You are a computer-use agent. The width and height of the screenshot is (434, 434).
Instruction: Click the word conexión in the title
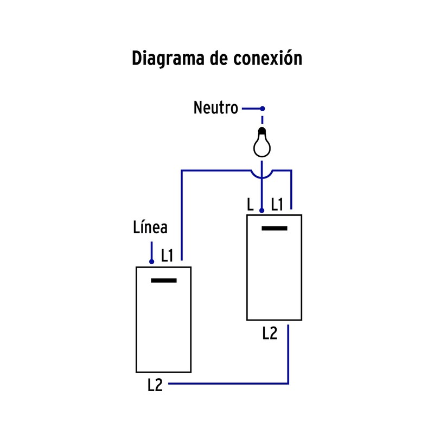coord(267,58)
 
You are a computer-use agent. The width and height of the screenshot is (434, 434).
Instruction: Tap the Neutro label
coord(215,108)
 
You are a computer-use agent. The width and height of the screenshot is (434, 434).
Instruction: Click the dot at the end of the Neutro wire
coord(263,108)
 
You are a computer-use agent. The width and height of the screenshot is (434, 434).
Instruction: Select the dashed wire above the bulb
coord(263,119)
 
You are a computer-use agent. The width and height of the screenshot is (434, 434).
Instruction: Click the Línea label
coord(150,228)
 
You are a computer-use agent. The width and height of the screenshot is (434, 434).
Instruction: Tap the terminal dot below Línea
coord(152,261)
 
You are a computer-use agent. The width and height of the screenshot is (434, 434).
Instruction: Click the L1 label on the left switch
coord(167,256)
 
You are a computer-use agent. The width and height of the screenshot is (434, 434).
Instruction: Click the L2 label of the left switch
coord(155,385)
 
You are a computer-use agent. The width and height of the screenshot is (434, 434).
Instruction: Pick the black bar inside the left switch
coord(164,280)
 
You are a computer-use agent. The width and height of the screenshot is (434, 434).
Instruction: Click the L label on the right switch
coord(250,205)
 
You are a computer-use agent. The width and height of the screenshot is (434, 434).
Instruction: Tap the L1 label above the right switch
coord(277,205)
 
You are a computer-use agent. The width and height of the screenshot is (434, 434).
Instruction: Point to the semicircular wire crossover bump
coord(263,175)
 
